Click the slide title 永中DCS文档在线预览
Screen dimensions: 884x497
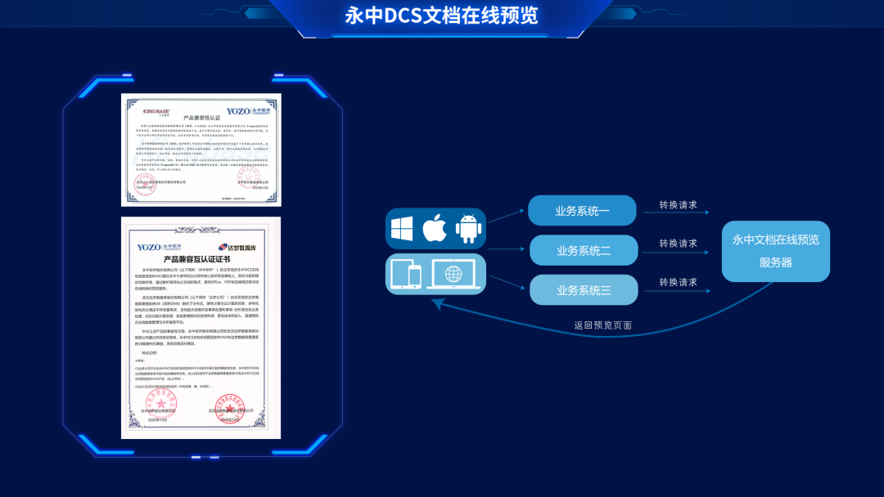[441, 16]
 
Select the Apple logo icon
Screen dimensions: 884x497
[435, 228]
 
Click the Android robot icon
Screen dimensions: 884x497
[468, 228]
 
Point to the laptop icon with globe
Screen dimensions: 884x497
[453, 274]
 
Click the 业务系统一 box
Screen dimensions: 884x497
[582, 211]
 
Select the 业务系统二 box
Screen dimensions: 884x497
[584, 250]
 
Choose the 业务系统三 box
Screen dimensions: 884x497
[584, 290]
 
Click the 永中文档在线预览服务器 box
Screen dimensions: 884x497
[775, 251]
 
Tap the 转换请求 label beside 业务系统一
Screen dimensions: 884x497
[679, 205]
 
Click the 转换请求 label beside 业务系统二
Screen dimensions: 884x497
[679, 244]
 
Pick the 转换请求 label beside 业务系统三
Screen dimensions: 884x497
[679, 282]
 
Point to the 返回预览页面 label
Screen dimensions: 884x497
[602, 325]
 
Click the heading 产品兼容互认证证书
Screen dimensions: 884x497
[201, 259]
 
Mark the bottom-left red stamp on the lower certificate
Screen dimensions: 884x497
[160, 403]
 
